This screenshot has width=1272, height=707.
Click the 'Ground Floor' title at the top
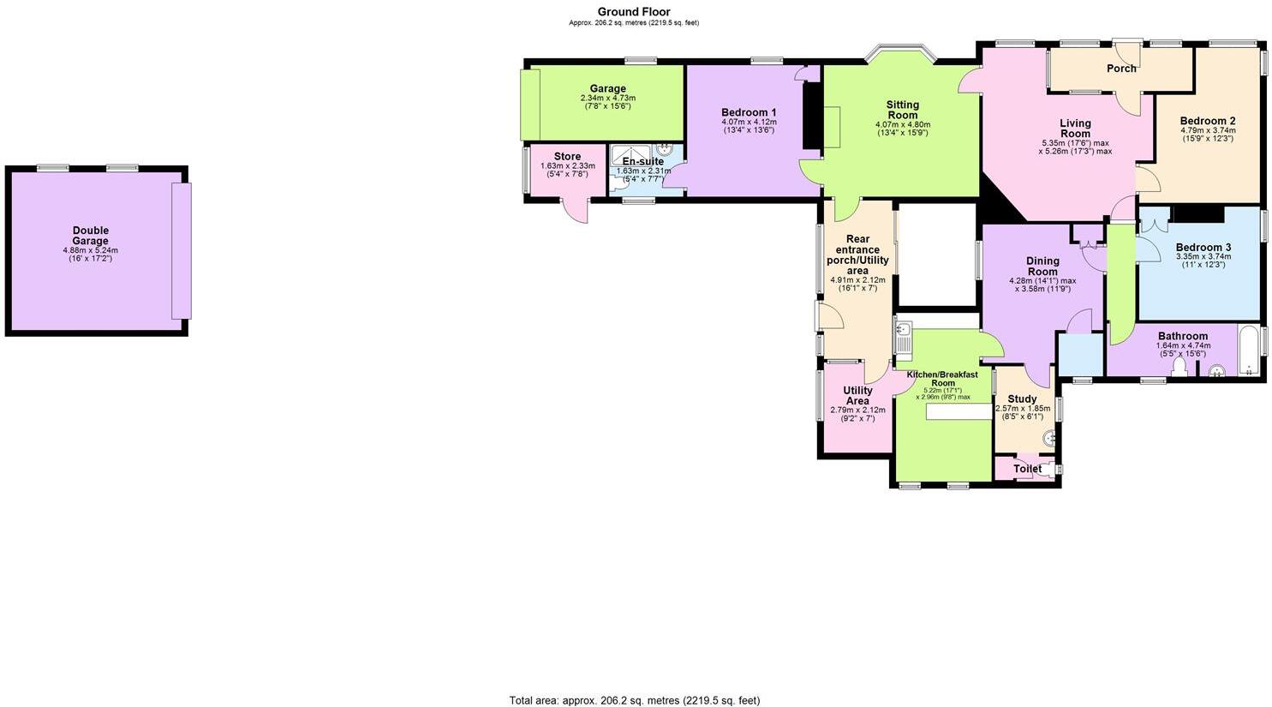(x=633, y=12)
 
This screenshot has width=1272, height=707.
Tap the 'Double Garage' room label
(x=90, y=236)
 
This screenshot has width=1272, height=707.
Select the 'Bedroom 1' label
(x=749, y=112)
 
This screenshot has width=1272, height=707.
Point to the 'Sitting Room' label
(x=902, y=110)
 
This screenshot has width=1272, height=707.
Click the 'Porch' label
(x=1121, y=69)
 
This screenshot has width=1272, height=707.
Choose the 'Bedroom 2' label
(x=1207, y=121)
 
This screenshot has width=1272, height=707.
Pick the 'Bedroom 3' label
(x=1203, y=247)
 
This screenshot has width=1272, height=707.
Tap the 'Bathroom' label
(x=1183, y=336)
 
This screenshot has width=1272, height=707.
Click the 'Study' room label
(x=1022, y=398)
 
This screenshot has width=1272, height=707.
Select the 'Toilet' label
(x=1027, y=469)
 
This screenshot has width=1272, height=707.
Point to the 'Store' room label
(x=567, y=156)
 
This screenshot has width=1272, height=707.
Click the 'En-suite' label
(x=642, y=161)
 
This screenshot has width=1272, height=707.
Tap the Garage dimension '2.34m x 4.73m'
(x=607, y=98)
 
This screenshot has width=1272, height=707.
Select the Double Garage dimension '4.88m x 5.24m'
(x=90, y=249)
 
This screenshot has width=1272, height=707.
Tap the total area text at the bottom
(x=634, y=700)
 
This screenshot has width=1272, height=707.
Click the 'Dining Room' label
(x=1042, y=266)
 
